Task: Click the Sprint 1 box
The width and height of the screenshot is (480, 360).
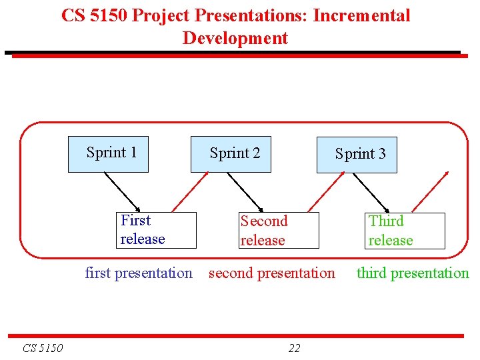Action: [108, 154]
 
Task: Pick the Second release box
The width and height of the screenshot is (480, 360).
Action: [279, 231]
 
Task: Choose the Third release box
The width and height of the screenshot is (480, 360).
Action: [405, 231]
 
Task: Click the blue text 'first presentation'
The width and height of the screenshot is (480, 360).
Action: [139, 273]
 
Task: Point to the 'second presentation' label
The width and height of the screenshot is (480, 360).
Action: [272, 273]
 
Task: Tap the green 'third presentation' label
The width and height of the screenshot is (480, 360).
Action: [413, 273]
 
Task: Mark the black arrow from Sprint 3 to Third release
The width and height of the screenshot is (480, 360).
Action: [372, 192]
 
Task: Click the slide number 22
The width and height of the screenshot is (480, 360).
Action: [294, 348]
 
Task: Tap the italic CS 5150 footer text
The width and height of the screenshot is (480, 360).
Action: [43, 348]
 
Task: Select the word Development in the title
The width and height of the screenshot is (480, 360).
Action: [235, 38]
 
